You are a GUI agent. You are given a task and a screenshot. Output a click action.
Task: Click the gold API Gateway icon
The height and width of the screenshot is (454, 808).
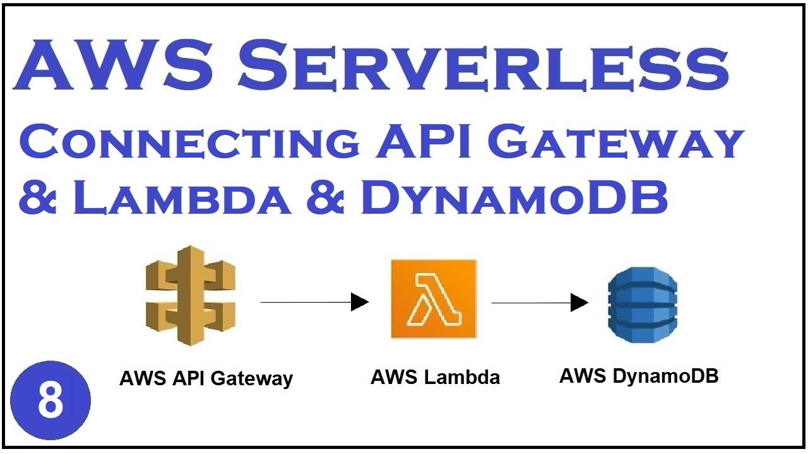pos(190,295)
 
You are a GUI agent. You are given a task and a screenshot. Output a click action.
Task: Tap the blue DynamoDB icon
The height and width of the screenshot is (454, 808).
pos(642,305)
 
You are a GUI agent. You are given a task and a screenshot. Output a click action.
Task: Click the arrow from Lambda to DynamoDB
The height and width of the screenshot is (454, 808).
pos(540,303)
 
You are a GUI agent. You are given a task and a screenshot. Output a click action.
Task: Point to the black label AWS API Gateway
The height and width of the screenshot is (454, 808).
pos(206,378)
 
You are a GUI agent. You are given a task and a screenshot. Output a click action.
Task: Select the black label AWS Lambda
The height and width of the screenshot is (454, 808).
pos(435,377)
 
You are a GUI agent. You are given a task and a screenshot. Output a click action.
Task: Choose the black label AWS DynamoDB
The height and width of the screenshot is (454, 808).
pos(639,376)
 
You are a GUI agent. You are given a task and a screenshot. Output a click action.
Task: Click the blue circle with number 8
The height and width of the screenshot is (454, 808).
pos(50,401)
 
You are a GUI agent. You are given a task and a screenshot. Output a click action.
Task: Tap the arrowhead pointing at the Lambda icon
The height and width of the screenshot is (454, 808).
pos(360,302)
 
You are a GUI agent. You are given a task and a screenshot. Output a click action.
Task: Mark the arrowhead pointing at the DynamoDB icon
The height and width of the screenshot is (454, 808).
pos(579,303)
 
